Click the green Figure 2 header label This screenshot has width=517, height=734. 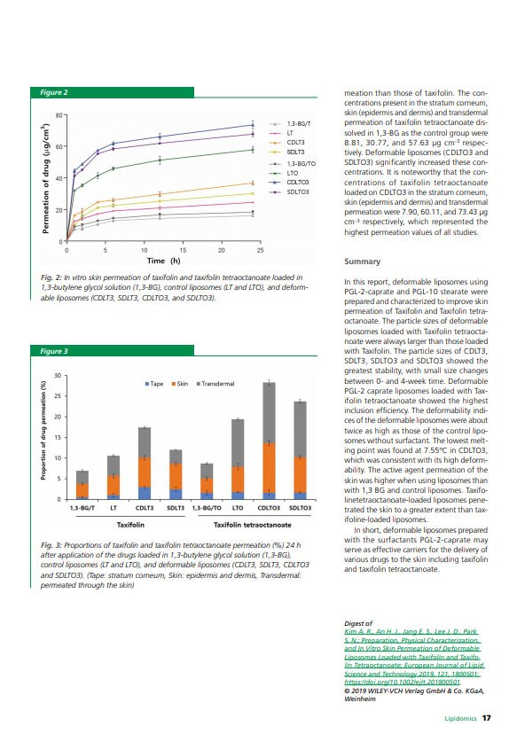(54, 92)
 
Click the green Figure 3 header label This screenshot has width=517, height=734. (54, 352)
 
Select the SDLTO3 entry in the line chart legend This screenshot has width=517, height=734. (297, 191)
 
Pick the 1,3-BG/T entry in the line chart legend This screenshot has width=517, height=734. (298, 124)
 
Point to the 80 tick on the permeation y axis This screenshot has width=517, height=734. (59, 115)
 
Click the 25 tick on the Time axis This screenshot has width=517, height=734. (260, 250)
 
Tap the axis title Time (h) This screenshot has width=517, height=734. (163, 261)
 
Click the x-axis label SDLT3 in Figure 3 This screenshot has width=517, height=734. (176, 508)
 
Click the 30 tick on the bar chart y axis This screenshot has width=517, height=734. (59, 376)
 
